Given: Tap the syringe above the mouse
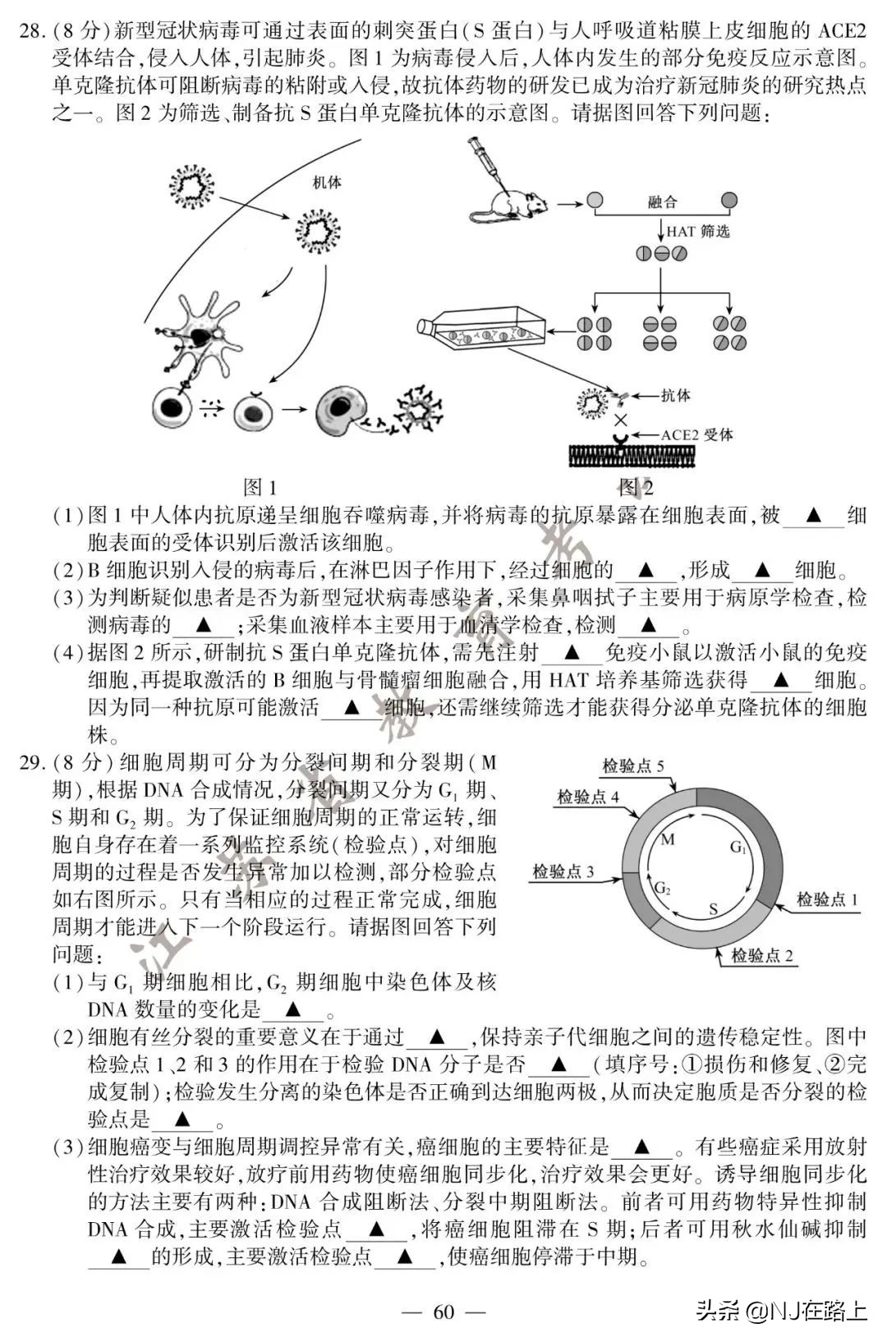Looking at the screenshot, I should (485, 161).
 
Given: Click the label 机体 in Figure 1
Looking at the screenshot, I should (326, 182).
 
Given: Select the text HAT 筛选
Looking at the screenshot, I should (697, 232).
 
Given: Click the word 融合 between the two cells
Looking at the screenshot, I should (662, 200).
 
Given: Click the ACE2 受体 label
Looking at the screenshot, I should (697, 434).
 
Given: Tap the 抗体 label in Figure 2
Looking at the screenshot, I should (675, 395).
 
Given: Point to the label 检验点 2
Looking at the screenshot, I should (762, 955).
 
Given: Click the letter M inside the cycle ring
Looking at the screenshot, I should (667, 839).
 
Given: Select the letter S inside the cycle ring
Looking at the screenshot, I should (713, 909).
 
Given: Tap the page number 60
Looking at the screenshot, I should (443, 1312).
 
